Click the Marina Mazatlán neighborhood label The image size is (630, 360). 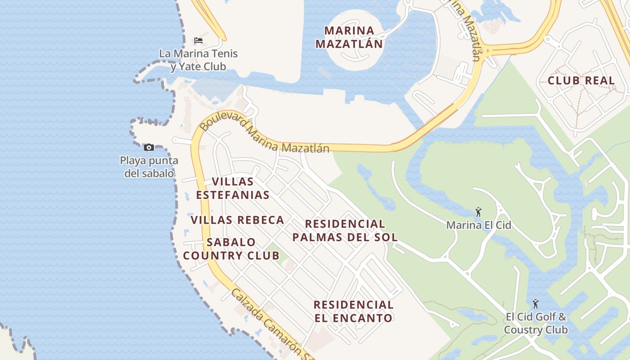[x=349, y=37]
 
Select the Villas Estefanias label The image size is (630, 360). [x=233, y=188]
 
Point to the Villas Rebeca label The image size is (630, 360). [x=237, y=220]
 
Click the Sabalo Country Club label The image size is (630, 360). [x=231, y=249]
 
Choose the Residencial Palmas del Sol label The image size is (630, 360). [x=345, y=230]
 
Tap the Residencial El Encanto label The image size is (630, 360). [x=353, y=311]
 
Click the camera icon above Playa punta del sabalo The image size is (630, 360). [x=148, y=147]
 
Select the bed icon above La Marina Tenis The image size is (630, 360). [x=198, y=40]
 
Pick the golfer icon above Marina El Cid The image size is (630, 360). [x=478, y=212]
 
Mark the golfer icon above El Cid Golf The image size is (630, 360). [x=535, y=304]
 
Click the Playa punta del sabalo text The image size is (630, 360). [x=149, y=167]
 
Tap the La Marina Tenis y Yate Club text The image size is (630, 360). [x=198, y=60]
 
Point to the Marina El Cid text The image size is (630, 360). [x=478, y=225]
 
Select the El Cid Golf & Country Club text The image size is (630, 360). [x=535, y=323]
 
